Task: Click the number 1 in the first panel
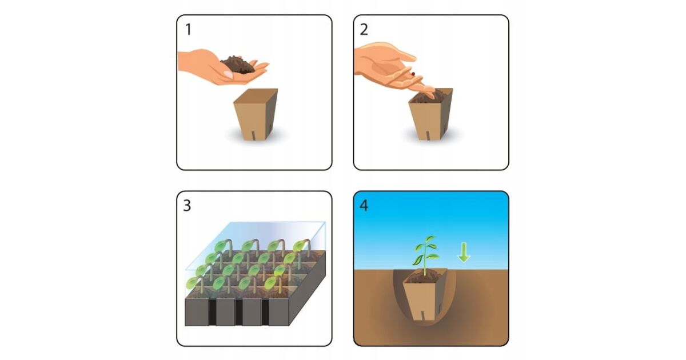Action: click(188, 30)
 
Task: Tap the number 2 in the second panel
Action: click(364, 30)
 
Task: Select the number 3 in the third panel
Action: click(187, 206)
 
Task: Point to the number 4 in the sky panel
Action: click(364, 206)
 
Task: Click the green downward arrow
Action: click(464, 252)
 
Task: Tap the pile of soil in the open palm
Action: click(238, 65)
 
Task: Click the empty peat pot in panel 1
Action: click(256, 114)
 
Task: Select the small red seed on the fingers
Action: click(413, 74)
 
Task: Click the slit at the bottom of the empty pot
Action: click(254, 135)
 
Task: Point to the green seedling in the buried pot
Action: click(425, 255)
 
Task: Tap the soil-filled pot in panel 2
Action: click(431, 114)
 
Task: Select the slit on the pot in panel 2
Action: click(428, 135)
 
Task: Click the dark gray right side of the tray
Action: click(308, 288)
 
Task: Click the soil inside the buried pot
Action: click(424, 277)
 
